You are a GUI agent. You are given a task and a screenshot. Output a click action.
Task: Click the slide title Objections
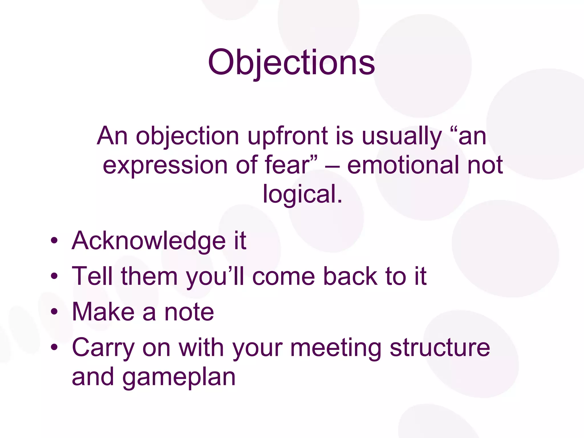click(x=291, y=63)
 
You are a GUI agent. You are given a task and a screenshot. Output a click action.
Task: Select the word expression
click(x=165, y=165)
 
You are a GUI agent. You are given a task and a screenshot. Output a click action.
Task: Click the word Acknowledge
click(x=149, y=241)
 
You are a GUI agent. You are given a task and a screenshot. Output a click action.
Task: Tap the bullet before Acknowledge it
click(x=54, y=241)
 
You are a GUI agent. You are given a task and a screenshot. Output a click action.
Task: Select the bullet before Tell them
click(x=54, y=276)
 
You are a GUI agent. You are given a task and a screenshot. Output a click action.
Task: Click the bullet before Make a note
click(x=54, y=312)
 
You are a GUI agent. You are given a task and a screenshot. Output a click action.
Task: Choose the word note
click(x=189, y=312)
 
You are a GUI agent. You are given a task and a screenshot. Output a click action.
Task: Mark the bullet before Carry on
click(x=54, y=348)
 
